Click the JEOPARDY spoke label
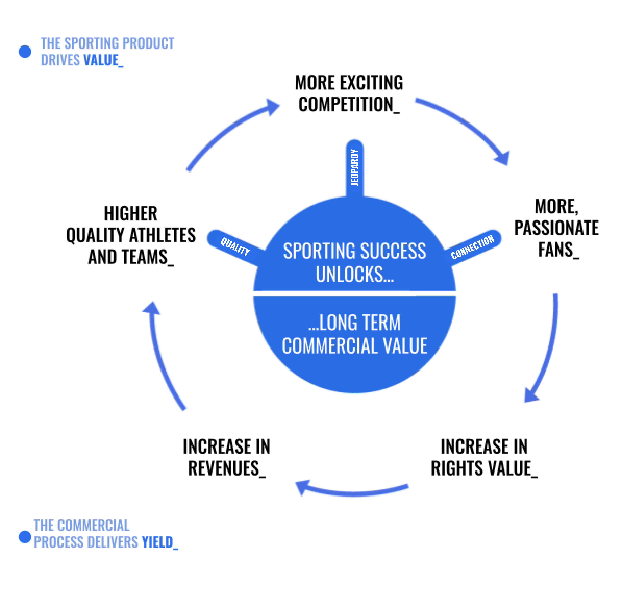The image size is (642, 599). (x=355, y=167)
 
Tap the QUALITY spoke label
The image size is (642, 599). (x=235, y=246)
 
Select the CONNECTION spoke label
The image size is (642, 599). (x=472, y=247)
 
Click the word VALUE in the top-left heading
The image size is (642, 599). (x=101, y=60)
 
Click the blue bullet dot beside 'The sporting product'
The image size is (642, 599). (x=25, y=51)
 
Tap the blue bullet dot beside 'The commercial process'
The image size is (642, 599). (x=24, y=537)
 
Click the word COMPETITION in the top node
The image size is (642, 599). (x=345, y=105)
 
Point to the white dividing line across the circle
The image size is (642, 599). (x=355, y=293)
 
